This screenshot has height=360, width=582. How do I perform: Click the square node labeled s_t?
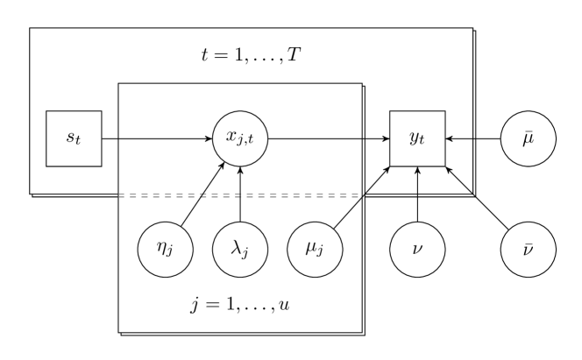tap(74, 138)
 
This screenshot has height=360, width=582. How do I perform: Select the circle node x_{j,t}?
tap(240, 138)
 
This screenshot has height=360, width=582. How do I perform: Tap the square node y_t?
tap(417, 138)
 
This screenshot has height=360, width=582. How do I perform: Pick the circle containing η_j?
tap(165, 249)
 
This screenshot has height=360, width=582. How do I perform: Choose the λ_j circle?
tap(240, 249)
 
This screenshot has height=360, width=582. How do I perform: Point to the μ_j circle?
tap(315, 249)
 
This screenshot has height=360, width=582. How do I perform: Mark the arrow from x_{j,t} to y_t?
tap(329, 138)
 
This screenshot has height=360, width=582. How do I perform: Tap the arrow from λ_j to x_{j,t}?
tap(240, 194)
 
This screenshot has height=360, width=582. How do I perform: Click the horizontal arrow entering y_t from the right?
tap(459, 138)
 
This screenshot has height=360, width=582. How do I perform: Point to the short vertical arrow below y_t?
tap(417, 180)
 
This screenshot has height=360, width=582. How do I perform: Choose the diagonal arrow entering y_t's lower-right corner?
tap(459, 180)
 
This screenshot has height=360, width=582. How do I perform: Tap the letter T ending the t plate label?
tap(296, 56)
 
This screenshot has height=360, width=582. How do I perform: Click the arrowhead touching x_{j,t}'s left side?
tap(209, 138)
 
